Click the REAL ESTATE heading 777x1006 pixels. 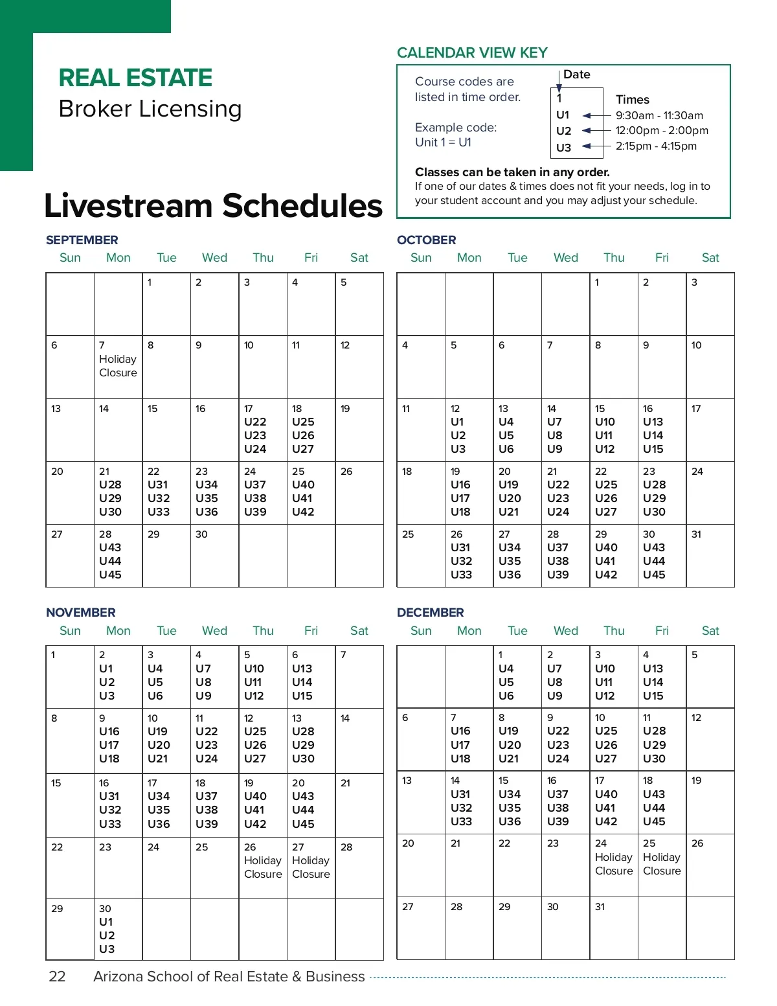pos(135,78)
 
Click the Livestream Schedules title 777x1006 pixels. pos(213,205)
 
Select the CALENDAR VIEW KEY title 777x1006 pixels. pos(472,52)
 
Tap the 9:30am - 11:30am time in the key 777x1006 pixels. pos(659,115)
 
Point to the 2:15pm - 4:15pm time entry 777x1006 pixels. pos(656,146)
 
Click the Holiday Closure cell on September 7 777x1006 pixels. pos(118,366)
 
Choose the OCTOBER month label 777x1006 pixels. pos(426,240)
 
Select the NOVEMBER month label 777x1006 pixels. pos(80,612)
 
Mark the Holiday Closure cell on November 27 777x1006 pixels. pos(311,866)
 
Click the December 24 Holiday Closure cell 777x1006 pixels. pos(613,864)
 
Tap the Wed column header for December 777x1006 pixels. pos(565,630)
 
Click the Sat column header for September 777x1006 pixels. pos(359,257)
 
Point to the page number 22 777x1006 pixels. pos(57,976)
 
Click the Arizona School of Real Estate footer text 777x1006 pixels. pos(229,976)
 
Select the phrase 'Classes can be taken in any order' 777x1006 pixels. pos(512,172)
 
